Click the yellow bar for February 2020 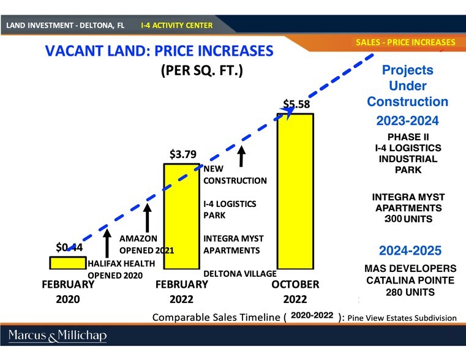coord(68,263)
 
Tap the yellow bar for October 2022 coord(296,190)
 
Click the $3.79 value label coord(182,154)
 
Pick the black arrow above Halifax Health coord(107,242)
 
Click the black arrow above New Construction coord(242,156)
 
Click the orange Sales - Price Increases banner coord(405,42)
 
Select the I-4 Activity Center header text coord(176,26)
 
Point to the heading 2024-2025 coord(409,250)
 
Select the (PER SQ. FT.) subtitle coord(202,70)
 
